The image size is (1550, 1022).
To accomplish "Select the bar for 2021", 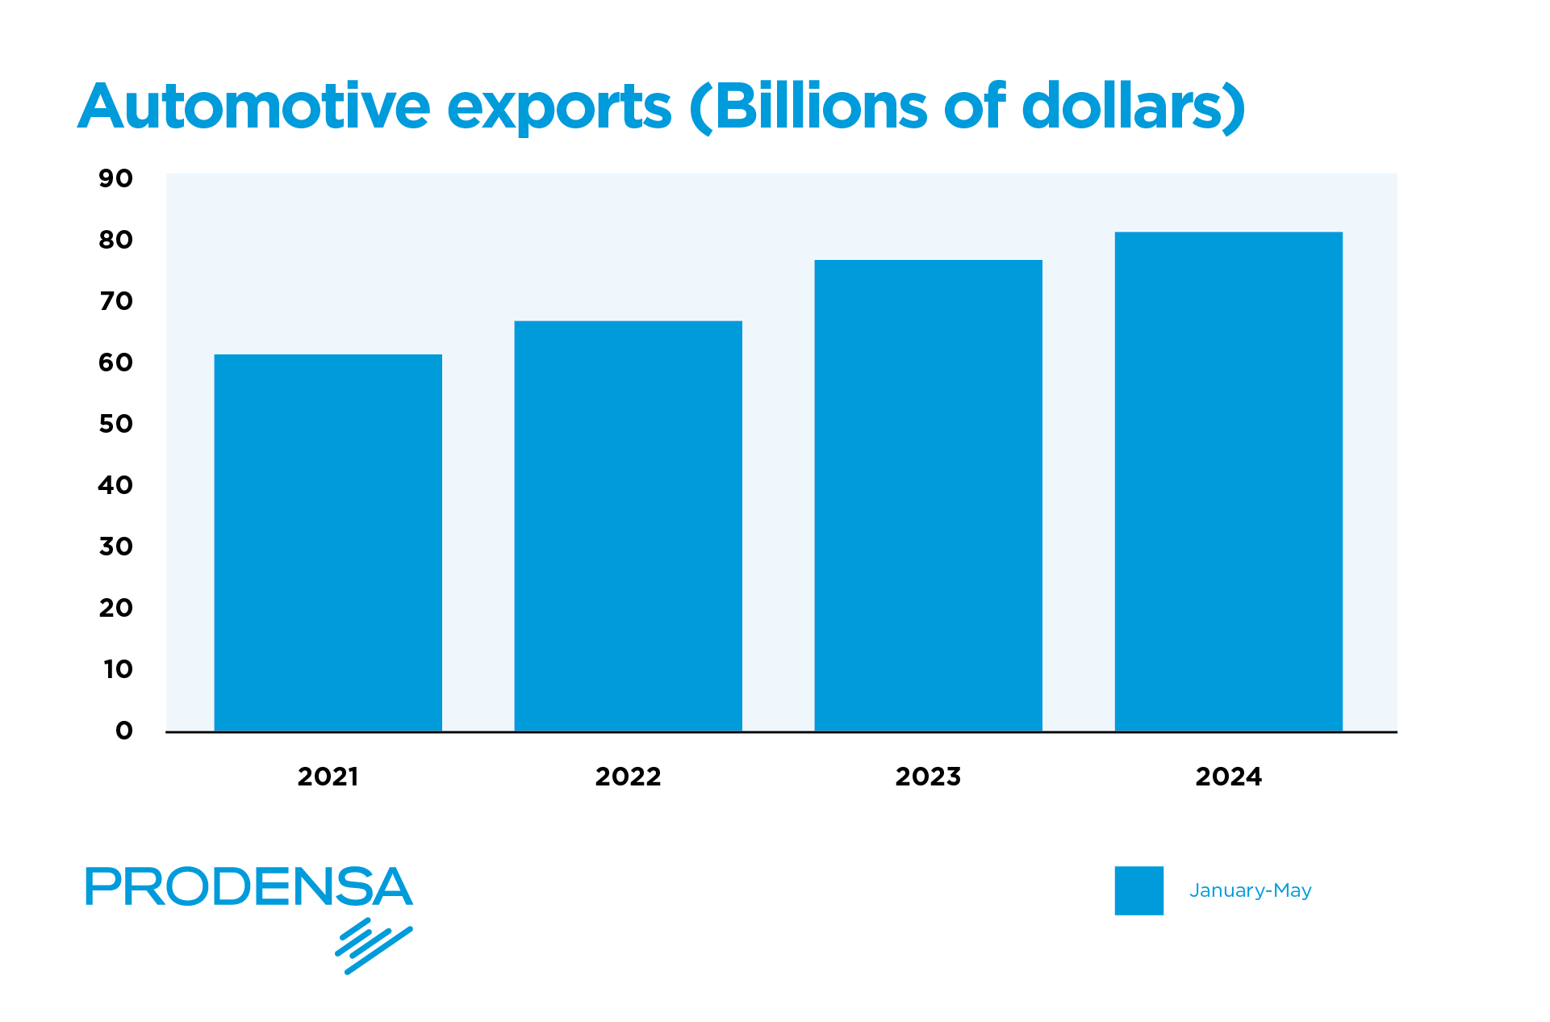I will [328, 542].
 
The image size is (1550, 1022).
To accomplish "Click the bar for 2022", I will [628, 526].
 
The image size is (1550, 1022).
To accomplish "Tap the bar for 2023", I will [928, 496].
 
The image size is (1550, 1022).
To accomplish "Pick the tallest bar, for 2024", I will [1228, 482].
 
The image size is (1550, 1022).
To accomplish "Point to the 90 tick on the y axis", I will [115, 178].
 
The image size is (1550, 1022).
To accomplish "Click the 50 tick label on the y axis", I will [115, 424].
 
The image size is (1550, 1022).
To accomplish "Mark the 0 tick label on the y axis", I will [123, 731].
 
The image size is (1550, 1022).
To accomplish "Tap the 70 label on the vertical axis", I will [115, 301].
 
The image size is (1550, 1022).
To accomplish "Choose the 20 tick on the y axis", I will [115, 608].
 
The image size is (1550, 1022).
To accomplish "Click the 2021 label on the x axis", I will [328, 777].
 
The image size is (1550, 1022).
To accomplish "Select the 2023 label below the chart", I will [928, 777].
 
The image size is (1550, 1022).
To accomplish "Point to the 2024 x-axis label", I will [1228, 777].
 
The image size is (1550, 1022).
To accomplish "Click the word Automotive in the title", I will [254, 107].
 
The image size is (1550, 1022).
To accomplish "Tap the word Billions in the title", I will [821, 107].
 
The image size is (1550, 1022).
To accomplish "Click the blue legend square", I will [1138, 890].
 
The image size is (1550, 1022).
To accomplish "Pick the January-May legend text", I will [1250, 890].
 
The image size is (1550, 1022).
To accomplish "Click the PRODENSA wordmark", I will [249, 886].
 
